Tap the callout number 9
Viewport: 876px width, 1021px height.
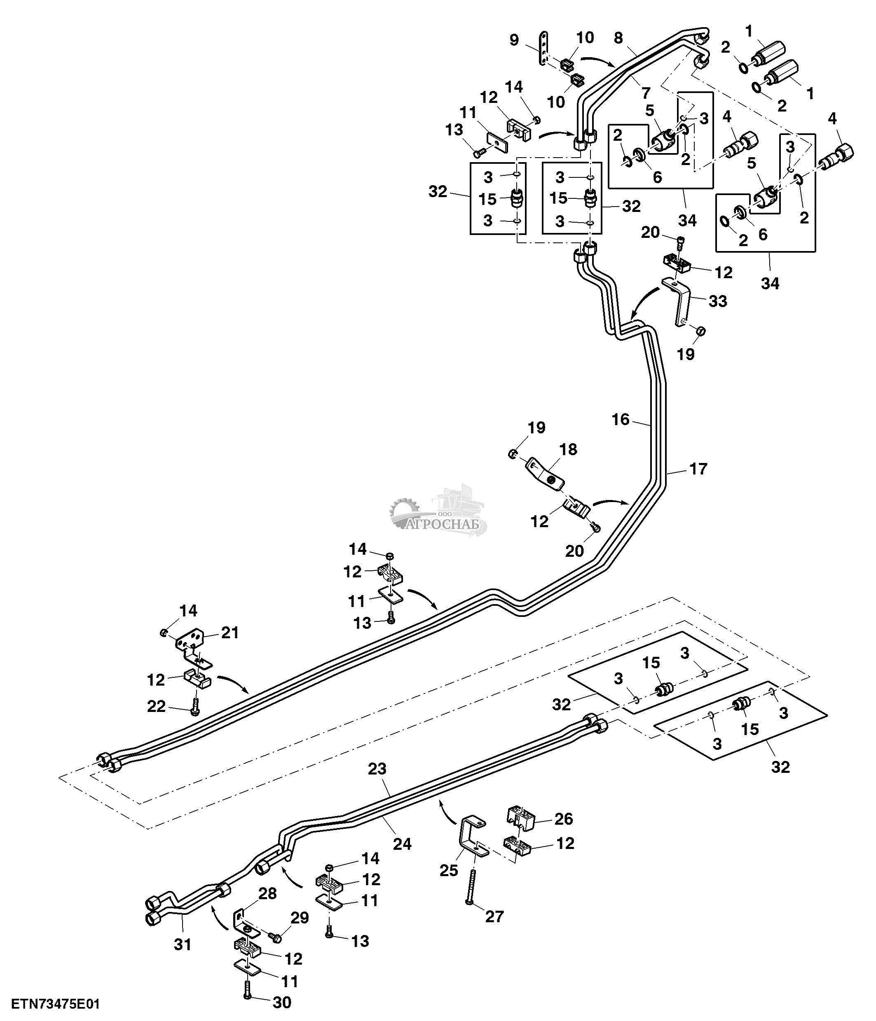tap(514, 40)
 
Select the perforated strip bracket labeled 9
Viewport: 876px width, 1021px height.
tap(543, 50)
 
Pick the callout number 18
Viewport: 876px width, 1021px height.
tap(568, 449)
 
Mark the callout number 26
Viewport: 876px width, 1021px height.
tap(564, 819)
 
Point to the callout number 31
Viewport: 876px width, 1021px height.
tap(183, 944)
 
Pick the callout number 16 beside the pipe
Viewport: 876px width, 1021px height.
tap(621, 420)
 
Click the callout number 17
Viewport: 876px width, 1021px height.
tap(698, 469)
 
